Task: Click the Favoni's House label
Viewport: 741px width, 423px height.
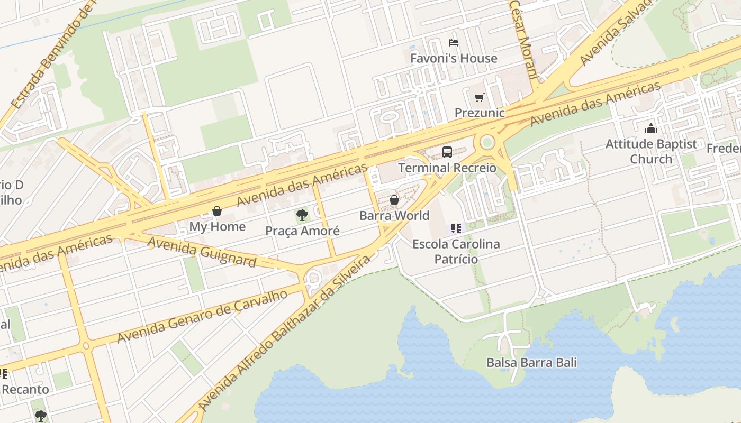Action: click(454, 58)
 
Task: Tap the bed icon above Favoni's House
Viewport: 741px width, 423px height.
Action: click(453, 42)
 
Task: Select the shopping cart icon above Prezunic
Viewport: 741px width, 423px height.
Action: click(479, 97)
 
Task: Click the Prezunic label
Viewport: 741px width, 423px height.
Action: click(480, 113)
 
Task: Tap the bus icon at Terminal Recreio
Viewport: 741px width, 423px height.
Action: click(447, 152)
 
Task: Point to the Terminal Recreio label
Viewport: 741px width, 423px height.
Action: click(447, 168)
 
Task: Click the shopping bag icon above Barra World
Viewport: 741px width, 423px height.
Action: click(394, 200)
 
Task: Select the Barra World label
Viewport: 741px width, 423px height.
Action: click(394, 216)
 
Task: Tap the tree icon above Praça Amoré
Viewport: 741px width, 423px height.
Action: click(302, 215)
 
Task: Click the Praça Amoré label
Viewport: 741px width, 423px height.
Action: click(302, 231)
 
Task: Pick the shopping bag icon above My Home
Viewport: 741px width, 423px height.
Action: click(217, 211)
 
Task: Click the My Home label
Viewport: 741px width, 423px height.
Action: click(218, 227)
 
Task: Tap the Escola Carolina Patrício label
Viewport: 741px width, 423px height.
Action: click(456, 252)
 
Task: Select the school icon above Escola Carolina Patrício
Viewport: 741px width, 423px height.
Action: click(456, 228)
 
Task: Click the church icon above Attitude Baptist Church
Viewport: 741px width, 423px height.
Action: click(651, 128)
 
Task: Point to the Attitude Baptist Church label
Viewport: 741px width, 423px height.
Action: click(651, 151)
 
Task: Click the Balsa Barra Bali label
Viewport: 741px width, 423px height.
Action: click(531, 363)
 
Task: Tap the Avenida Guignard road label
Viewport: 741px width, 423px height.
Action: click(202, 252)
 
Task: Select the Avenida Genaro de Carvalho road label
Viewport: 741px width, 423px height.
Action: click(202, 316)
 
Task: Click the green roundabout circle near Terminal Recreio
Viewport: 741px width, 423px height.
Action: click(487, 142)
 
